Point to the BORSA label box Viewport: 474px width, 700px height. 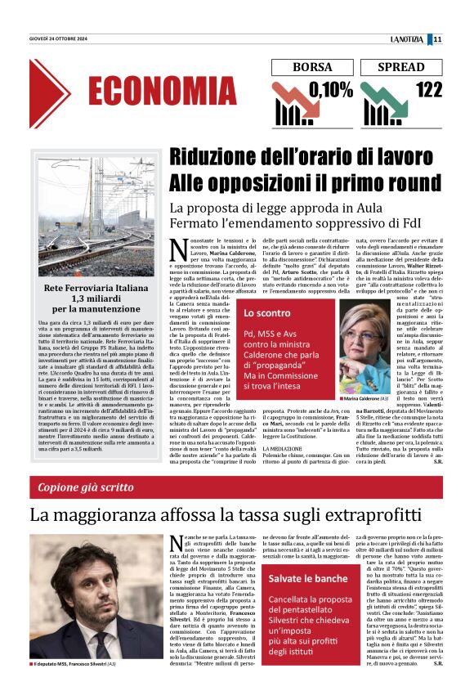308,68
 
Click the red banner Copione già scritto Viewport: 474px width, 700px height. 86,487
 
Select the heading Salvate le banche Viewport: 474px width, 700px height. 308,579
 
